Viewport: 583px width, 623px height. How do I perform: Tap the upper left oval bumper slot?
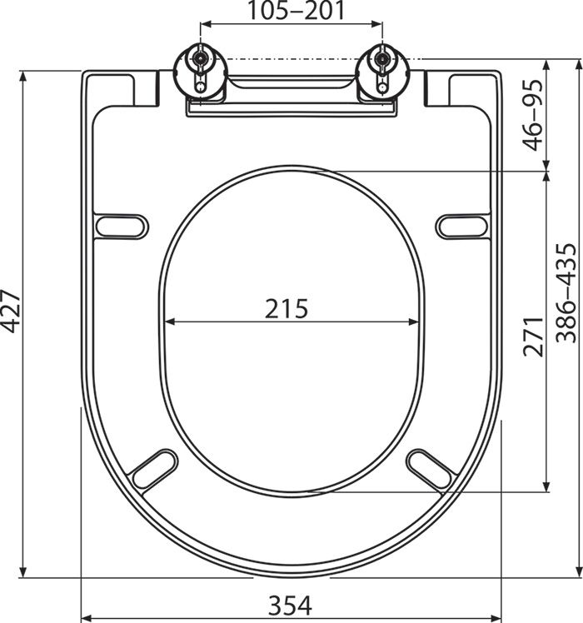click(122, 225)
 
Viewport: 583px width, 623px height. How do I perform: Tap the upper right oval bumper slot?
click(461, 225)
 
